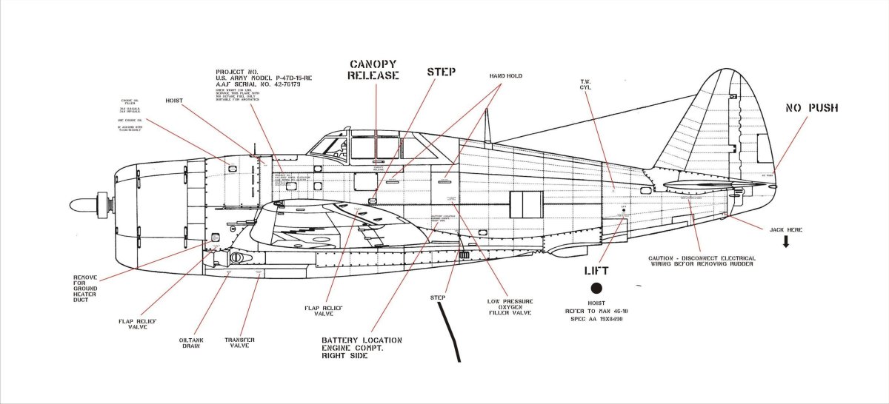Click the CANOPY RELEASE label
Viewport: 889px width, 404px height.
coord(373,69)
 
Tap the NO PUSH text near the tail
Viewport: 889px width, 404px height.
coord(811,108)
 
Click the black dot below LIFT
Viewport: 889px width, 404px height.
coord(595,289)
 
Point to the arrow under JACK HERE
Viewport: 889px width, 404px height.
coord(785,241)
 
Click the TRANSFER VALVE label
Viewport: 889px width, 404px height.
coord(240,342)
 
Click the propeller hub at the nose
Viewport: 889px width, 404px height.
coord(85,203)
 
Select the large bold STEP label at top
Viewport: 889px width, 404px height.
coord(441,72)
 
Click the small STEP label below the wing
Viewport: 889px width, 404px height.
coord(439,298)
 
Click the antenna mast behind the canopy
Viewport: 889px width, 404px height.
coord(487,126)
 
